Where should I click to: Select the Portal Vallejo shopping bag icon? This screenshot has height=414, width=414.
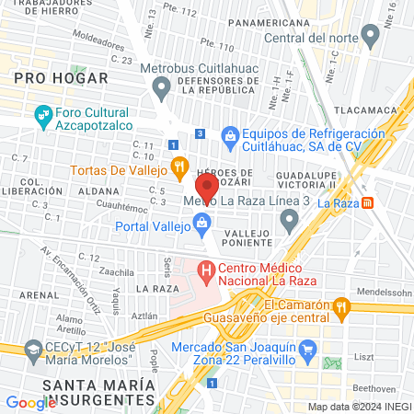(x=201, y=223)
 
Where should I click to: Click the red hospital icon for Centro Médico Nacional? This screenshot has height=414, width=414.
(x=207, y=271)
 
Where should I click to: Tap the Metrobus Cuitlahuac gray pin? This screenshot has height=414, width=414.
(x=162, y=89)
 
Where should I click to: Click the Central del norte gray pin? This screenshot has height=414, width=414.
(x=371, y=37)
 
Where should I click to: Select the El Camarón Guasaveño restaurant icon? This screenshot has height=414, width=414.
(x=341, y=305)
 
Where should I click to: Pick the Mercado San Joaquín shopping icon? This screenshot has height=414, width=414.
(x=308, y=350)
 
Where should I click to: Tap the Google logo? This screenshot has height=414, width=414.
(x=30, y=402)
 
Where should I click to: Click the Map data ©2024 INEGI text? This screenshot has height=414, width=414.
(x=358, y=407)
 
